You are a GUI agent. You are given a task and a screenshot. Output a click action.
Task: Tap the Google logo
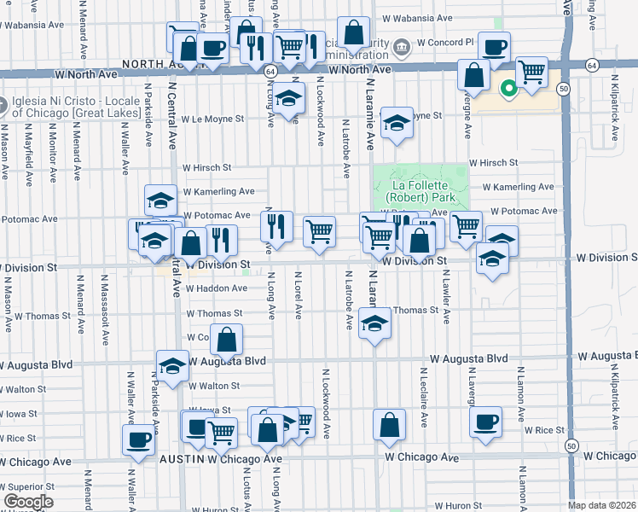27,502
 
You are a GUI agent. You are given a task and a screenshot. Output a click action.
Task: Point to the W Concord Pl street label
444,43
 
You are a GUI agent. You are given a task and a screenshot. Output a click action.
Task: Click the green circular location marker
508,87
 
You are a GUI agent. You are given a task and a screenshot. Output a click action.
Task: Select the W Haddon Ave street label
216,288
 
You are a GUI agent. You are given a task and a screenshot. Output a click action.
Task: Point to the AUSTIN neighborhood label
183,459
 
